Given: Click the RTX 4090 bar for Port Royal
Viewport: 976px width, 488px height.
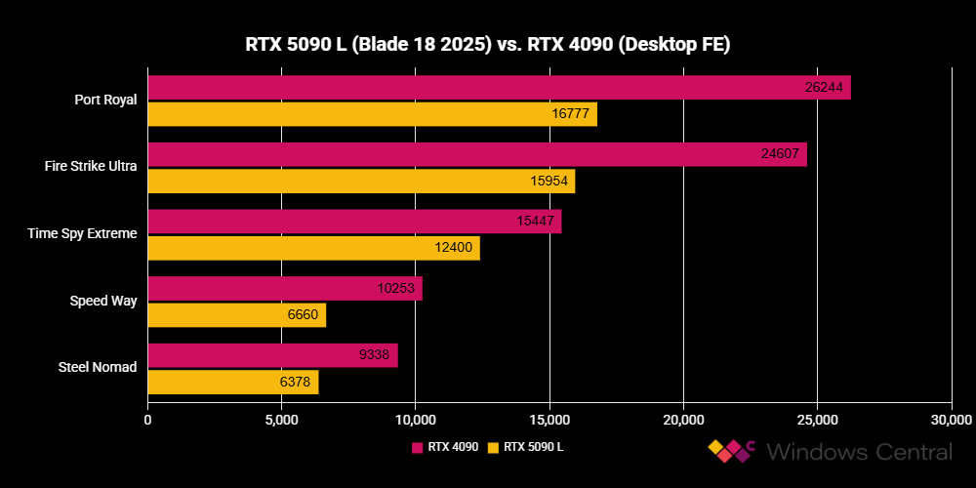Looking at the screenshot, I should pyautogui.click(x=498, y=88).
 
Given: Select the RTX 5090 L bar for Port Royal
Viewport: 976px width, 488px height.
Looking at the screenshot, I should pyautogui.click(x=371, y=114).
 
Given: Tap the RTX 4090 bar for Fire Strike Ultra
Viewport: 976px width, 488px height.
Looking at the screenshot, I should pyautogui.click(x=476, y=154).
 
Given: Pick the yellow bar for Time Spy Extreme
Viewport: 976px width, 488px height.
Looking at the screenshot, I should pyautogui.click(x=312, y=248).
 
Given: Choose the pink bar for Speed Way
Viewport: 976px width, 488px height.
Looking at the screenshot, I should pyautogui.click(x=284, y=288).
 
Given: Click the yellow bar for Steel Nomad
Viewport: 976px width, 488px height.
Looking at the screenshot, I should pyautogui.click(x=232, y=382).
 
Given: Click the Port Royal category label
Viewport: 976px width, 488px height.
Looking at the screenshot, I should pyautogui.click(x=105, y=100).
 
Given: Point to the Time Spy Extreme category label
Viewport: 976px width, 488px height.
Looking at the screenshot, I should pyautogui.click(x=87, y=233).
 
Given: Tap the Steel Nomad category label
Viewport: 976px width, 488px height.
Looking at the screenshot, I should pyautogui.click(x=98, y=367).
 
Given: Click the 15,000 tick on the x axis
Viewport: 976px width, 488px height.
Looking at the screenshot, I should pyautogui.click(x=549, y=420).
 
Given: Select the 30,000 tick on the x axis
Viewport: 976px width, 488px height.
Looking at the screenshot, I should pyautogui.click(x=951, y=420).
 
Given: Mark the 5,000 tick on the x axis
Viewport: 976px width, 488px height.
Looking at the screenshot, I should pyautogui.click(x=281, y=420).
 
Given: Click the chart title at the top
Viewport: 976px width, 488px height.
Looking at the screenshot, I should pyautogui.click(x=487, y=44).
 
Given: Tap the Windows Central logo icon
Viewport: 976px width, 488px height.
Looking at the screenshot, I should pyautogui.click(x=732, y=451).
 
